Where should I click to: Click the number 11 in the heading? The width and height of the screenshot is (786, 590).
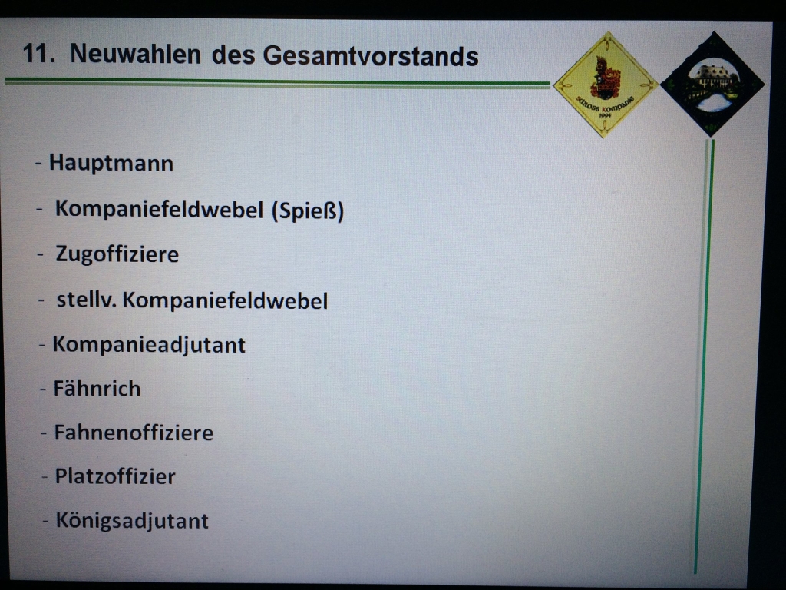tap(38, 53)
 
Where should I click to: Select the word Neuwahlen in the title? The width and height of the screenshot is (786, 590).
tap(135, 54)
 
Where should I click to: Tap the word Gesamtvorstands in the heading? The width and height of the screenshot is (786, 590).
tap(371, 55)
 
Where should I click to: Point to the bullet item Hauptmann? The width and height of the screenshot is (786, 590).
tap(111, 164)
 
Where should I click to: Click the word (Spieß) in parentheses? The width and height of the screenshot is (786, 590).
tap(308, 210)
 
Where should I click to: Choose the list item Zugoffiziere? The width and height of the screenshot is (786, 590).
tap(117, 254)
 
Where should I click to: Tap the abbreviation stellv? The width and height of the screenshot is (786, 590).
tap(87, 300)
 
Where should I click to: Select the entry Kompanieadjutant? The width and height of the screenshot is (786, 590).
tap(149, 345)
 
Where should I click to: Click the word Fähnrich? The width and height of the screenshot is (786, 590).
tap(97, 389)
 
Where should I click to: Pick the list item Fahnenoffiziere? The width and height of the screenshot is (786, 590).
tap(134, 433)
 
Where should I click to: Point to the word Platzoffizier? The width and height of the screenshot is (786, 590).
tap(115, 476)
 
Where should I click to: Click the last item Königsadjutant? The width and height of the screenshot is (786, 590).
tap(132, 521)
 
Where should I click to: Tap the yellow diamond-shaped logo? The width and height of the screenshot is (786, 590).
tap(605, 85)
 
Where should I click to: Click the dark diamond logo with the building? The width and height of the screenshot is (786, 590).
tap(712, 84)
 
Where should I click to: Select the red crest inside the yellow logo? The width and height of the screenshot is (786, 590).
tap(605, 78)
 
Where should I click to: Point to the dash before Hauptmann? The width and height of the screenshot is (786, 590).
tap(38, 164)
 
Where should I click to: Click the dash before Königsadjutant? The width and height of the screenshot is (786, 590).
tap(45, 522)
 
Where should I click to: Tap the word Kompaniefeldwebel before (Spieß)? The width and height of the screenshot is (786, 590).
tap(160, 209)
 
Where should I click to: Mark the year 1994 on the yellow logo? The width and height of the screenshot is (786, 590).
tap(605, 116)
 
